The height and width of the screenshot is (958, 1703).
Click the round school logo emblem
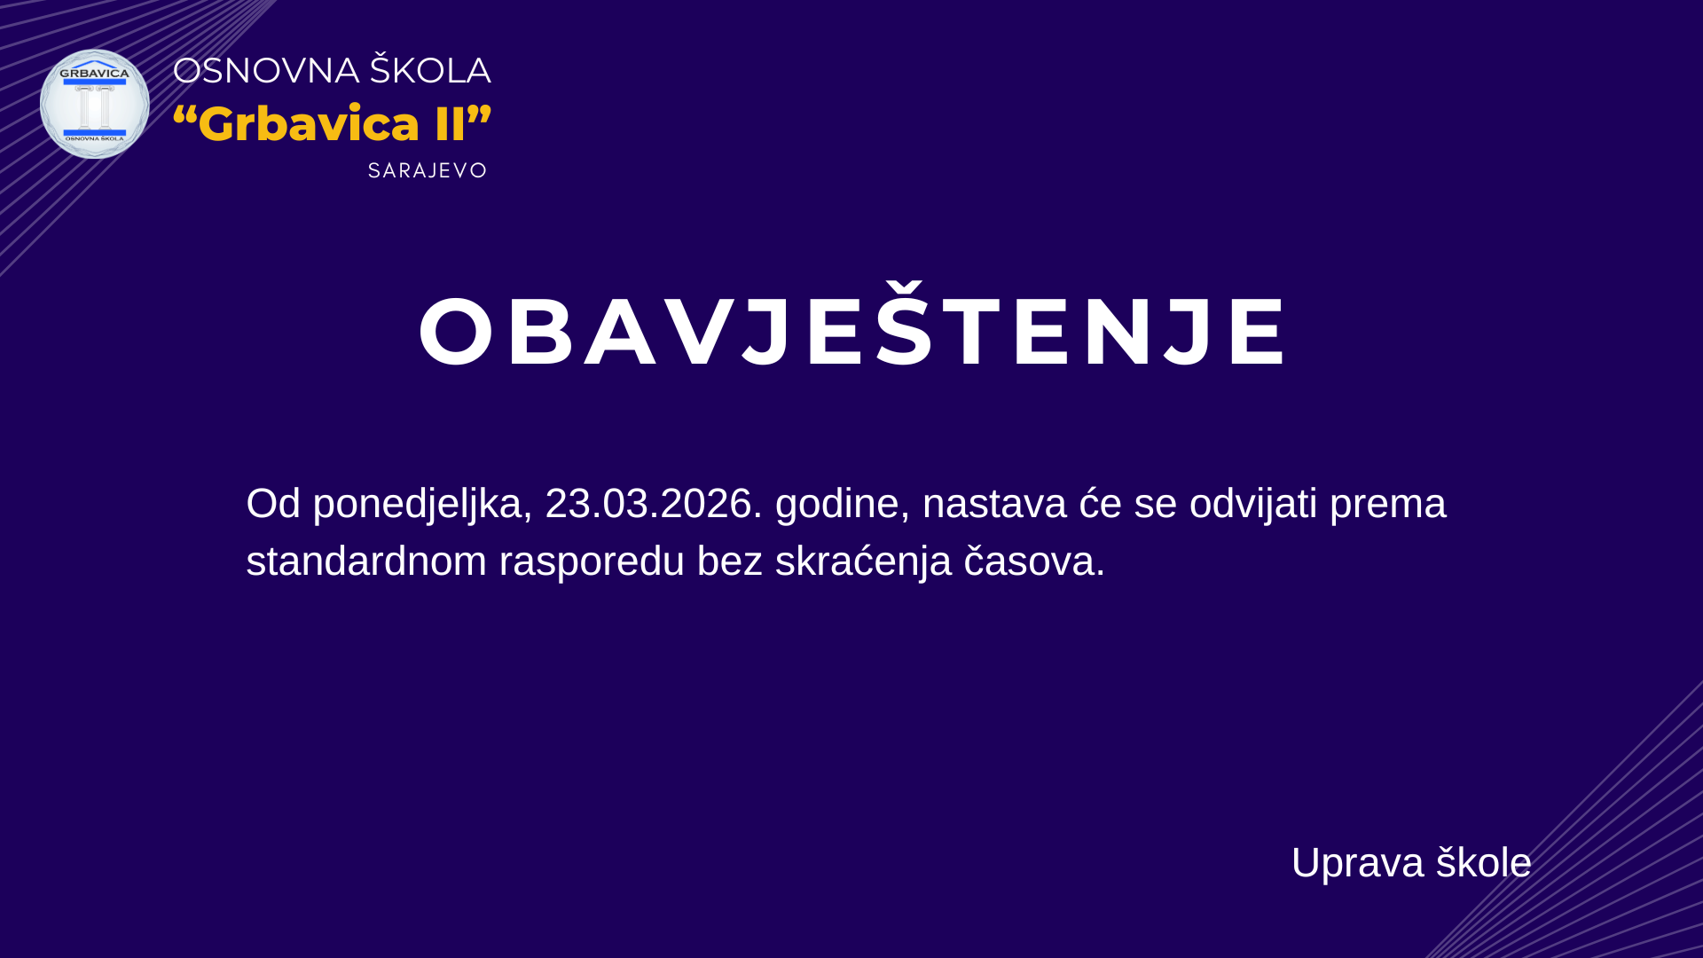point(95,104)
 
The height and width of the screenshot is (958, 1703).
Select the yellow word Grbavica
point(309,123)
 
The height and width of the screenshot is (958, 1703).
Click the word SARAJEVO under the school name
point(428,170)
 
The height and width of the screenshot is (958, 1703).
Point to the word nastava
point(994,504)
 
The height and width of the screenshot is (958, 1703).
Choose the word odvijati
point(1253,504)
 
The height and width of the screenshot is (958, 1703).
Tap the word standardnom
point(366,561)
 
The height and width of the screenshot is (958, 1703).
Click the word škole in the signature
point(1484,862)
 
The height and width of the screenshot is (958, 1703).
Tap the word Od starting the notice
point(273,503)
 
